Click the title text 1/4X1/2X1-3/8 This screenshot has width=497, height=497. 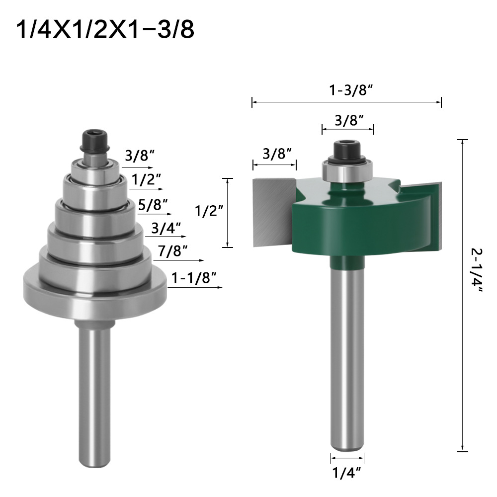pyautogui.click(x=105, y=30)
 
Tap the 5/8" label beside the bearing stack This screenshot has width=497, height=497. pyautogui.click(x=154, y=204)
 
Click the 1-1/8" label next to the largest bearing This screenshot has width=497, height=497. pyautogui.click(x=195, y=278)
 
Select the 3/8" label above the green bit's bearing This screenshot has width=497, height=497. pyautogui.click(x=348, y=120)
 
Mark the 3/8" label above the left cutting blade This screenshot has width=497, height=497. pyautogui.click(x=274, y=153)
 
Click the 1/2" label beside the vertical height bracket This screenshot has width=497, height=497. pyautogui.click(x=205, y=212)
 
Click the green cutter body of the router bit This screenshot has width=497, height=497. pyautogui.click(x=358, y=219)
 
